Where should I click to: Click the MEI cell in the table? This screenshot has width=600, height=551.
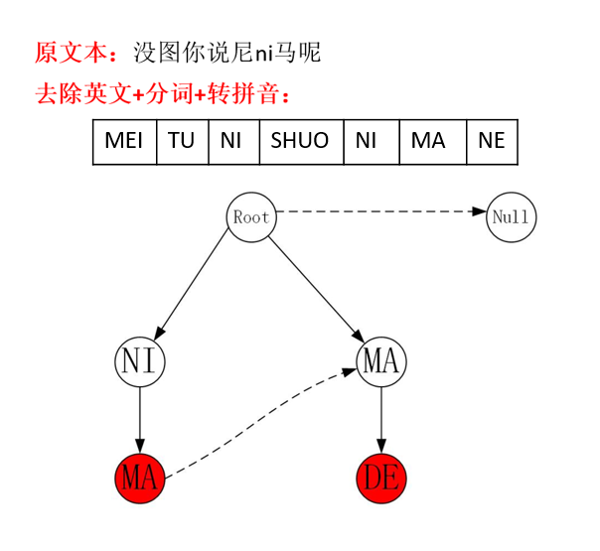[x=124, y=141]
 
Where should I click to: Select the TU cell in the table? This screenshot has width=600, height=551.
[x=182, y=141]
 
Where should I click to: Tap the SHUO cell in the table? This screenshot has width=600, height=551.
[x=300, y=141]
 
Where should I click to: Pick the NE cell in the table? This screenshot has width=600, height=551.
[x=492, y=141]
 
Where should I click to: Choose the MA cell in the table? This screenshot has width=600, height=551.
[x=428, y=141]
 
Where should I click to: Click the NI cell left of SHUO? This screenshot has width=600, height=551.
[x=231, y=141]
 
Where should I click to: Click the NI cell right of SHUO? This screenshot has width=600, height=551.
[x=366, y=141]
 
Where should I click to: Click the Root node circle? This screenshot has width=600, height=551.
[x=251, y=216]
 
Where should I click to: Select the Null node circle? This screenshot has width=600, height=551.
[x=512, y=217]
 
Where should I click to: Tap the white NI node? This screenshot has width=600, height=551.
[x=140, y=360]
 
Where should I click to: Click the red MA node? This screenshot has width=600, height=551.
[x=140, y=480]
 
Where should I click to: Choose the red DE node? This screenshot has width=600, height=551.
[x=381, y=480]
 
